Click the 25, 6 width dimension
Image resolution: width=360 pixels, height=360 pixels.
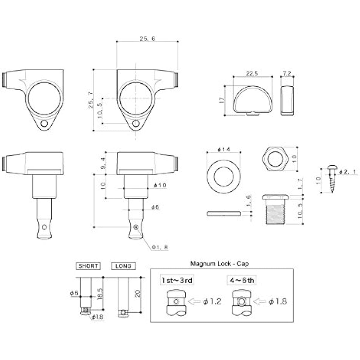click(x=147, y=39)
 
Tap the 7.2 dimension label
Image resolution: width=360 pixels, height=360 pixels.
click(x=287, y=73)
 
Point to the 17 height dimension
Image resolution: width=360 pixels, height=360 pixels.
click(x=222, y=100)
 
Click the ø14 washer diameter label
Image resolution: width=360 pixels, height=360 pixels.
click(x=223, y=149)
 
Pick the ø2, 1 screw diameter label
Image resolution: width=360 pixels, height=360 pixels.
click(x=348, y=172)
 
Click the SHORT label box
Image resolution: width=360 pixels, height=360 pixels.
click(x=88, y=266)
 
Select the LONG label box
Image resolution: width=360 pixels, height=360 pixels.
click(x=123, y=266)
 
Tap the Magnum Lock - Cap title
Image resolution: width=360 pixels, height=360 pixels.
click(x=219, y=264)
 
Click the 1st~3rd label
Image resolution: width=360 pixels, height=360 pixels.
click(x=177, y=280)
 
